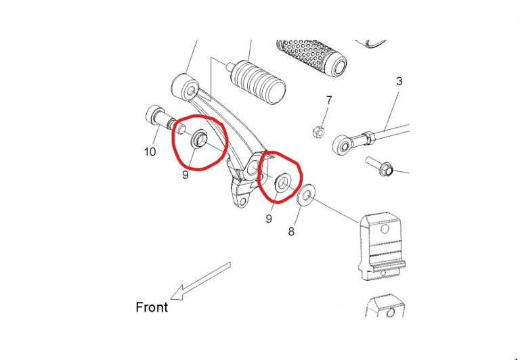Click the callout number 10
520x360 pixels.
point(150,152)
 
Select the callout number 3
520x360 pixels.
point(399,81)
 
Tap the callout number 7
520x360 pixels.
point(328,100)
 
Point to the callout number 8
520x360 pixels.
point(291,231)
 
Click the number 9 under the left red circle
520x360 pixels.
point(186,175)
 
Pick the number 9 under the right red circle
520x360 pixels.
point(269,219)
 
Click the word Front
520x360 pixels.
point(152,307)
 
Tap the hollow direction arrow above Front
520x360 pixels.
point(200,281)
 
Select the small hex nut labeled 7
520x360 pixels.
point(319,132)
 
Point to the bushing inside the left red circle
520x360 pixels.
point(198,139)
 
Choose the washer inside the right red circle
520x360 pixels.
point(283,181)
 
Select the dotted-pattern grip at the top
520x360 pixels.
point(311,59)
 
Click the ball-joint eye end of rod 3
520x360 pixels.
point(343,145)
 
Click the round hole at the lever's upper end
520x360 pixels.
point(191,91)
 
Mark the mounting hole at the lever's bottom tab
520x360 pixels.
point(243,202)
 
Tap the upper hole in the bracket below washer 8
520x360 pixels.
point(385,229)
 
